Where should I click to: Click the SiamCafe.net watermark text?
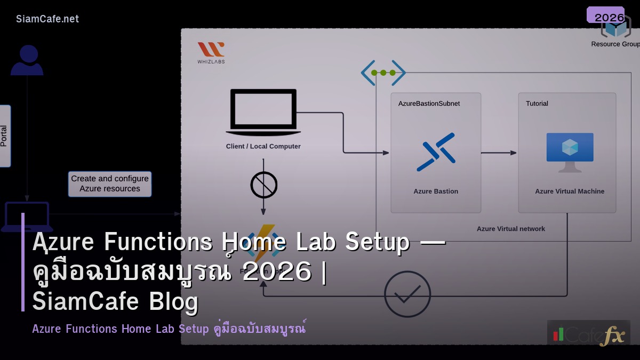tap(47, 19)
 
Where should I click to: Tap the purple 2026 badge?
tap(606, 15)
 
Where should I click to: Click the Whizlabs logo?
tap(211, 53)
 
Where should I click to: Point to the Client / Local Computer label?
tap(263, 147)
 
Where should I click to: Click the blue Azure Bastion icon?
tap(436, 152)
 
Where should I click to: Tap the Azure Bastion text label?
tap(436, 191)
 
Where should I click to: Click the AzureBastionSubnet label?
tap(429, 103)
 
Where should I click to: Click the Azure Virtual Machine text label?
tap(570, 191)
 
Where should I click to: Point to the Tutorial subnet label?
tap(537, 103)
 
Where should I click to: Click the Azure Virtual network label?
tap(511, 229)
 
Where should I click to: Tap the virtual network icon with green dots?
tap(383, 73)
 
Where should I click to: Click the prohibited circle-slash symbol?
tap(264, 185)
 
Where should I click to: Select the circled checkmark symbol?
tap(407, 294)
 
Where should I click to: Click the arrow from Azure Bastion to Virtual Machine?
tap(499, 153)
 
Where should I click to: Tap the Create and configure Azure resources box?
tap(110, 184)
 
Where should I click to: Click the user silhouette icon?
tap(27, 60)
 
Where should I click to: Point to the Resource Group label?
tap(615, 44)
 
